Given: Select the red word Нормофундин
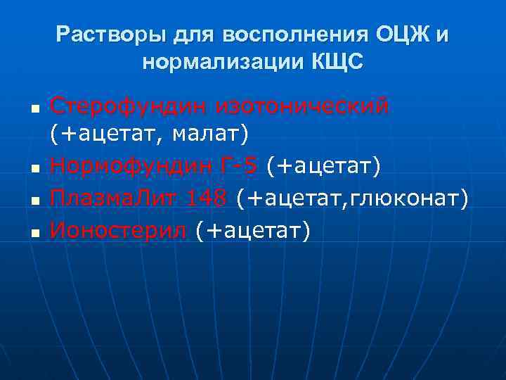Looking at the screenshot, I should pyautogui.click(x=131, y=166).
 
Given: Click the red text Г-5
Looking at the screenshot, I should pyautogui.click(x=240, y=166).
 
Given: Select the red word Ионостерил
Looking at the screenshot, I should pyautogui.click(x=119, y=229).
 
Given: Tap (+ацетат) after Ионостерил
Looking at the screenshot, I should pyautogui.click(x=252, y=229).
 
